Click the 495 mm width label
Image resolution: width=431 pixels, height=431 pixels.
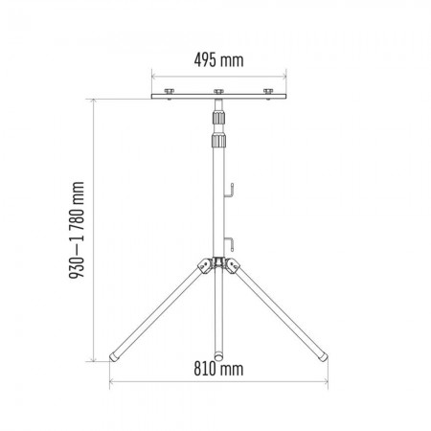(217, 59)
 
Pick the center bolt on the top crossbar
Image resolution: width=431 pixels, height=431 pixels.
(217, 91)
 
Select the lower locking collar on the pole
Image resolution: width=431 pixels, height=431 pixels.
(217, 142)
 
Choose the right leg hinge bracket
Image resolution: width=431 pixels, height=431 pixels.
(233, 267)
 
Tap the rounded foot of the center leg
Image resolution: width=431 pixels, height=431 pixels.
(217, 357)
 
